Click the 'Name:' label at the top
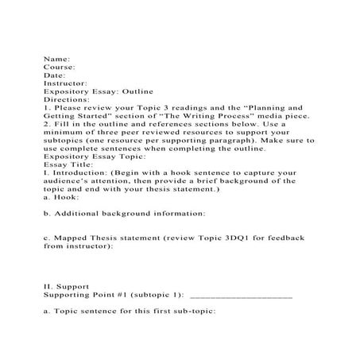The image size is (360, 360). pyautogui.click(x=57, y=58)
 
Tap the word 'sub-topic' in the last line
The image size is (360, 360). pyautogui.click(x=191, y=312)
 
